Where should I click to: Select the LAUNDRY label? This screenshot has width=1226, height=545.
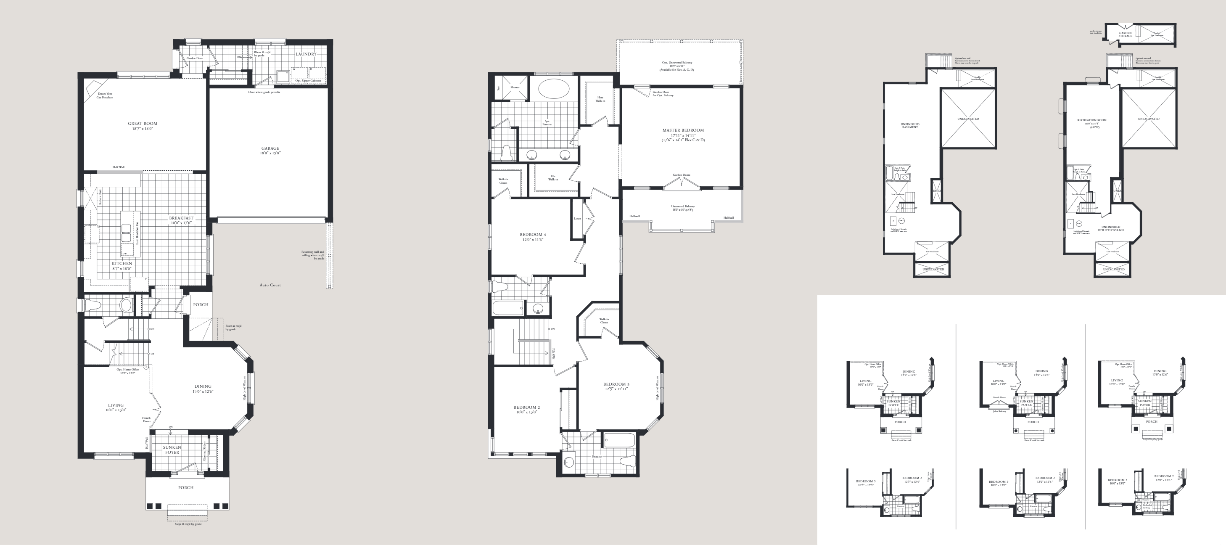click(x=306, y=54)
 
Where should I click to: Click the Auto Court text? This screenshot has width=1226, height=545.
click(x=270, y=285)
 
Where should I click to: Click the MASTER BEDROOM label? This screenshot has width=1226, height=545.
click(x=683, y=130)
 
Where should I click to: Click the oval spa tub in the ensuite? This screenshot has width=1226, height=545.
click(x=553, y=89)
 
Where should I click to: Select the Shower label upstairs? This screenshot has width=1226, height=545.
click(x=515, y=87)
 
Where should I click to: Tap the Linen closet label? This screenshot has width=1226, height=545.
click(x=577, y=219)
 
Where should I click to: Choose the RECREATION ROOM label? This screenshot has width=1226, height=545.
click(x=1092, y=120)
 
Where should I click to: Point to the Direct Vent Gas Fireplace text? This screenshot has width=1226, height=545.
click(x=105, y=95)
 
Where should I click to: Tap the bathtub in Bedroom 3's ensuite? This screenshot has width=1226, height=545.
click(x=619, y=440)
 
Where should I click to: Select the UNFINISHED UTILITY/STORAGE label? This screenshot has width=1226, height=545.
click(x=1111, y=228)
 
